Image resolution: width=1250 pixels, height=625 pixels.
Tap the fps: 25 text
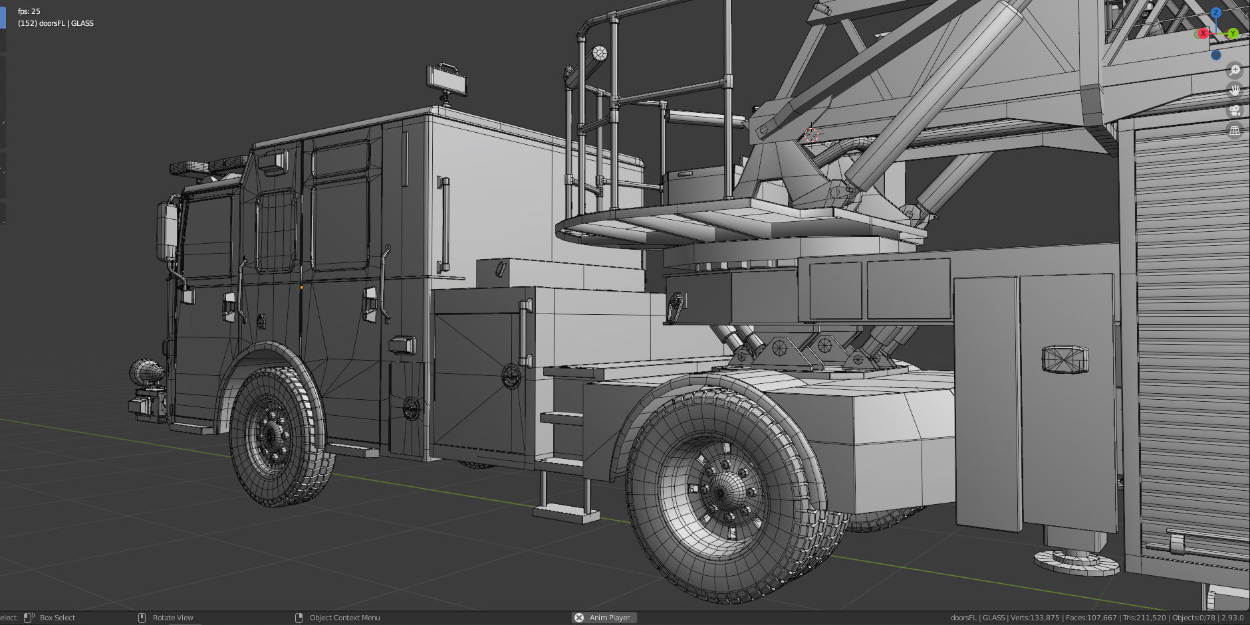coord(29,11)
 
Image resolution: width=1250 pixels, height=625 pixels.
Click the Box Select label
coord(57,618)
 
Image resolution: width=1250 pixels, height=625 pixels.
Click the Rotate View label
coord(173,618)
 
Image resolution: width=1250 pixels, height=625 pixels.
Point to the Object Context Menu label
coord(344,618)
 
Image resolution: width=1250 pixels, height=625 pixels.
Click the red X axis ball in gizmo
coord(1203,33)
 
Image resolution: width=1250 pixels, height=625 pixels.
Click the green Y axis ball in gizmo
coord(1233,33)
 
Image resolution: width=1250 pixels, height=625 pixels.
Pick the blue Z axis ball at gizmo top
coord(1216,13)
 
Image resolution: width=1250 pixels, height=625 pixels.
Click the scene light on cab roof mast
coord(447,78)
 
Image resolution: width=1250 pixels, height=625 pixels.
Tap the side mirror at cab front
coord(166,231)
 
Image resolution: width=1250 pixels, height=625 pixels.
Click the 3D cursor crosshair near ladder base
coord(811,135)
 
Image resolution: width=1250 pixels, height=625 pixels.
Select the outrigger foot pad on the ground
coord(1076,562)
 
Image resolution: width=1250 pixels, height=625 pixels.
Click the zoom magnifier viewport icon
coord(1235,70)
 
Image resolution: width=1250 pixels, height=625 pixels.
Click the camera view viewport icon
coord(1235,110)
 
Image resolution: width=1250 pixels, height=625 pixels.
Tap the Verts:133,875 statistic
coord(1035,618)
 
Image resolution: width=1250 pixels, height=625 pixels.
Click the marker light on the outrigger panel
coord(1064,359)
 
